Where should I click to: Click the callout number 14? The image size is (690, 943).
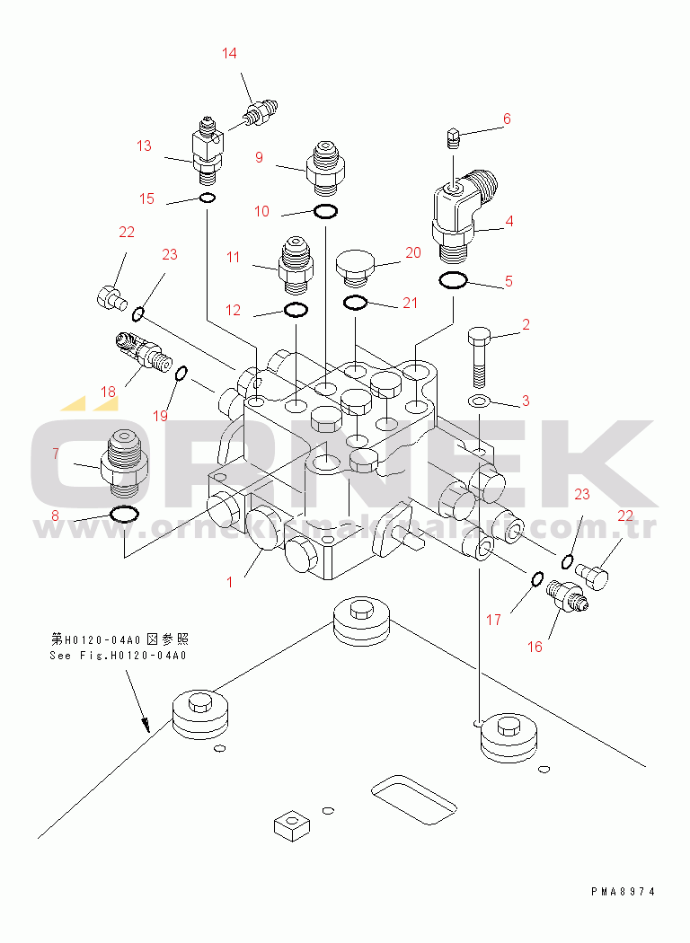tap(230, 54)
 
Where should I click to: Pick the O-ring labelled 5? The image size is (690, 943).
tap(453, 281)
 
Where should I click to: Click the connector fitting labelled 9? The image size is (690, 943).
tap(325, 166)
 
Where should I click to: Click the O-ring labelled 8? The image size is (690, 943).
tap(123, 515)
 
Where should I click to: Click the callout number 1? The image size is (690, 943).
tap(229, 582)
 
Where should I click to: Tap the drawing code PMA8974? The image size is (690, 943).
tap(623, 892)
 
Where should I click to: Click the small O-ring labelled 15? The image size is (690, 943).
tap(207, 198)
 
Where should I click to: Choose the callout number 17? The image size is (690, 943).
tap(494, 619)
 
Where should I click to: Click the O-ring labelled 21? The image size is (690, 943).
tap(356, 303)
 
